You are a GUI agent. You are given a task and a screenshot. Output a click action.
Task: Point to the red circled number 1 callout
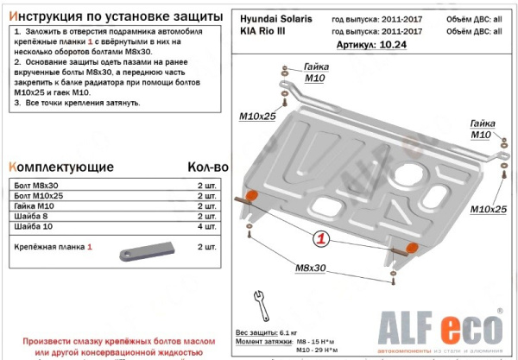319,238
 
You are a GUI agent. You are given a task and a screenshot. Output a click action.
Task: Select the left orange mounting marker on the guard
252,197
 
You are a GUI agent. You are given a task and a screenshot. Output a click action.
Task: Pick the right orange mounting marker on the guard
412,249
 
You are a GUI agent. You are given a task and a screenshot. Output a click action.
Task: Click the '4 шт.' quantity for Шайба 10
207,226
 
